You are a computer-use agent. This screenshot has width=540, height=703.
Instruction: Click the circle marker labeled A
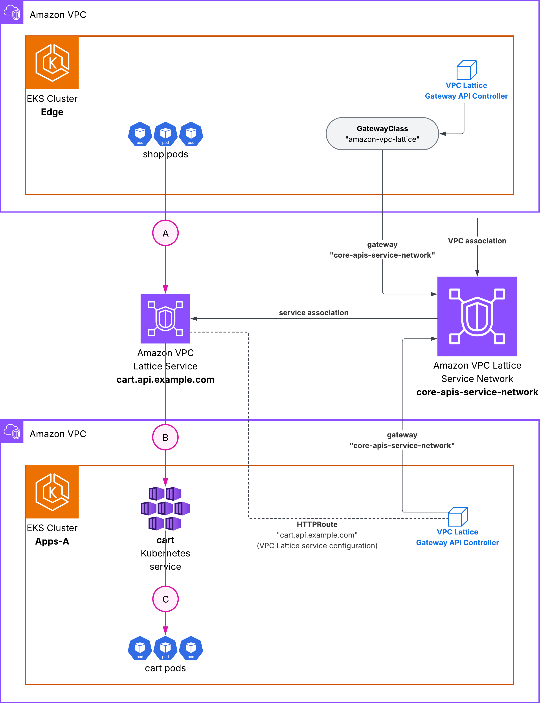coord(165,233)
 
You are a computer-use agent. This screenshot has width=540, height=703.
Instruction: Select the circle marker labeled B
coord(165,437)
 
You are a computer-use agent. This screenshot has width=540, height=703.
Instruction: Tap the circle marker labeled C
coord(165,599)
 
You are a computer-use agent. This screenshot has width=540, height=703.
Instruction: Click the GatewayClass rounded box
coord(382,134)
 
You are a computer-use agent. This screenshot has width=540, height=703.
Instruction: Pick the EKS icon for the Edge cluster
coord(52,63)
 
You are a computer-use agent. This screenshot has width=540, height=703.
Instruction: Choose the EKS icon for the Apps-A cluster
coord(52,492)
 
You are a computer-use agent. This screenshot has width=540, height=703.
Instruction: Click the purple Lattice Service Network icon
coord(477,316)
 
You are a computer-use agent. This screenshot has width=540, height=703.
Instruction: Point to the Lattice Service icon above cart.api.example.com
coord(165,318)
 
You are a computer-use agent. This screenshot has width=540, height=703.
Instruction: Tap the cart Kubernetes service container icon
coord(165,508)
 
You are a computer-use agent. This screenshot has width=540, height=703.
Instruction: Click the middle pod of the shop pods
coord(165,134)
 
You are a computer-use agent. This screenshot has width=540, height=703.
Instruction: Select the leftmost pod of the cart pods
coord(140,648)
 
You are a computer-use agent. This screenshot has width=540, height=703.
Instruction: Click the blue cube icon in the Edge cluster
coord(466,70)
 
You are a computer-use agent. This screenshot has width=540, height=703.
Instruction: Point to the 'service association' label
coord(313,313)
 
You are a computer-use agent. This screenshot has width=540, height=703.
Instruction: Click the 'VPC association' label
coord(477,241)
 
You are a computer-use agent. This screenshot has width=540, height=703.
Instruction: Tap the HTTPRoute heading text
coord(317,524)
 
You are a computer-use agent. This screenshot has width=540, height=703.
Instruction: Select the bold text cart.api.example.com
coord(165,380)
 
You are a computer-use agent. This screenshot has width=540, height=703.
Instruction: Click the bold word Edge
coord(52,112)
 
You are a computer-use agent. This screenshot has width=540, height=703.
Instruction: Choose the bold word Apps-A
coord(52,541)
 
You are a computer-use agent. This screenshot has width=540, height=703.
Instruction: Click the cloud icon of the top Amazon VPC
coord(12,12)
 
